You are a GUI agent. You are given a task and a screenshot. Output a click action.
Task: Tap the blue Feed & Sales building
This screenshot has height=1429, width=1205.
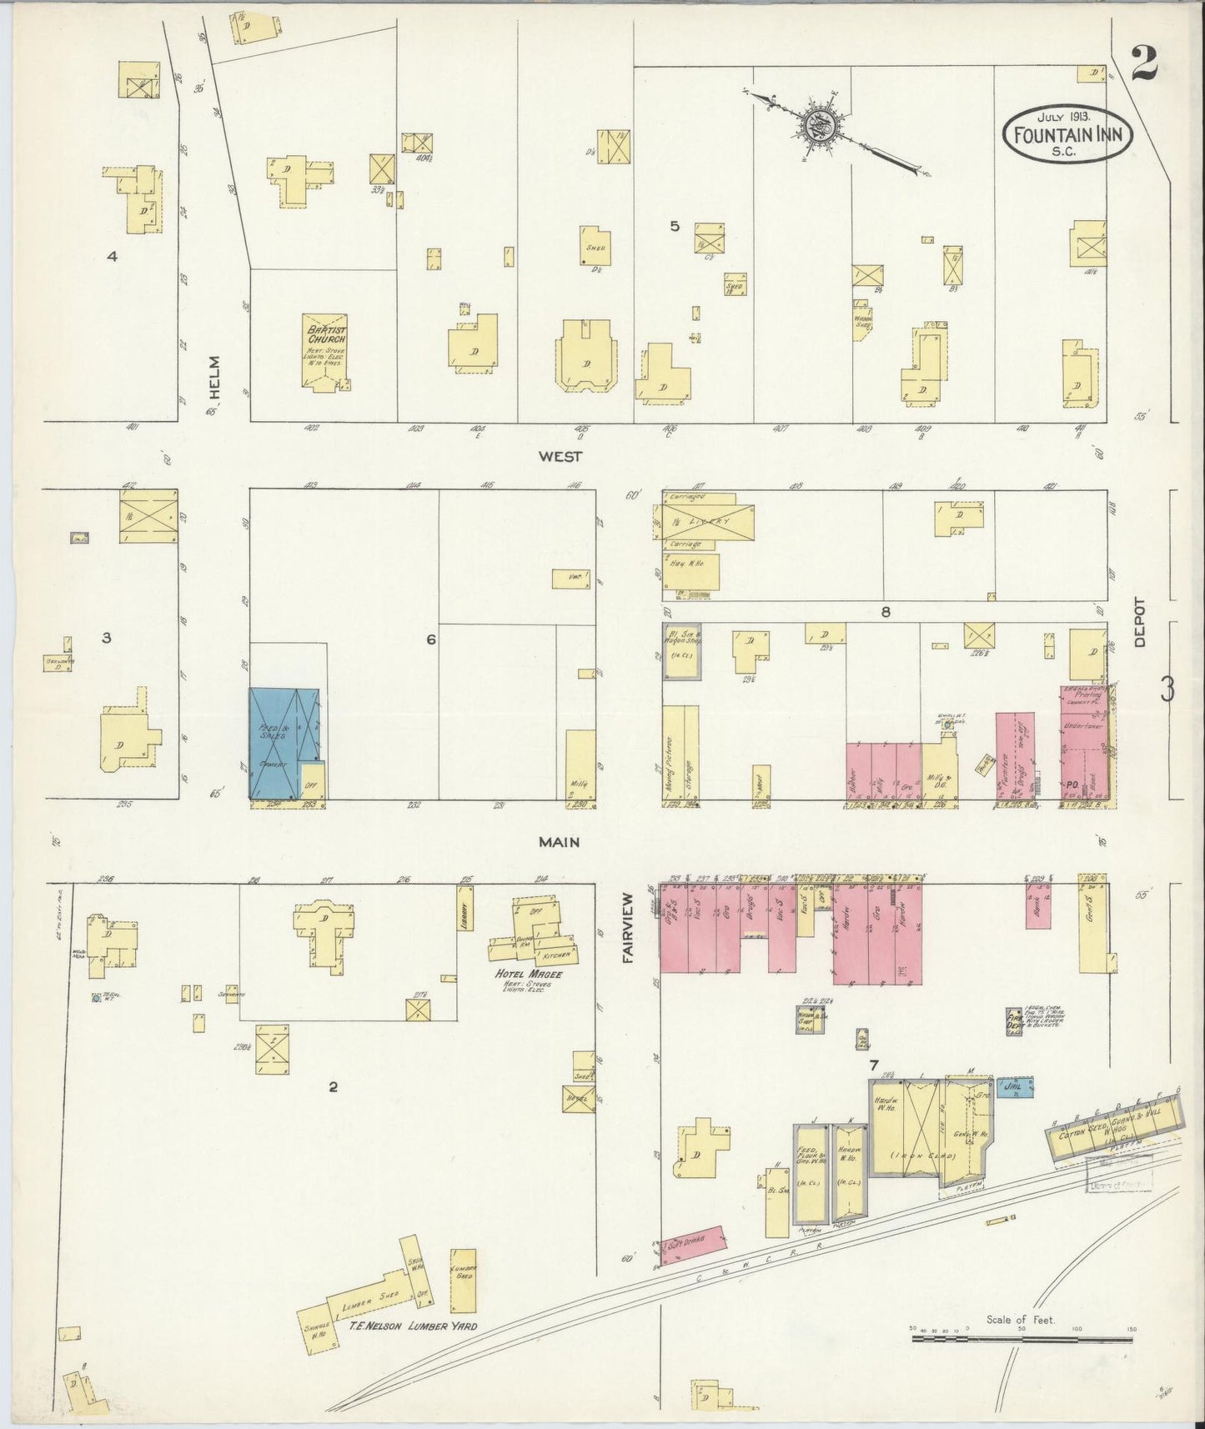click(284, 742)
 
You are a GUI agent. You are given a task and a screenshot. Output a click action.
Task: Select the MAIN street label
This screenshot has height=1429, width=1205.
click(559, 842)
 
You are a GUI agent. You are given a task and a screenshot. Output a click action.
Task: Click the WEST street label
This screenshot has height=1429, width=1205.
click(559, 456)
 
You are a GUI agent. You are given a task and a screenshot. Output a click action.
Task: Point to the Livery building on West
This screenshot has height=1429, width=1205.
click(709, 522)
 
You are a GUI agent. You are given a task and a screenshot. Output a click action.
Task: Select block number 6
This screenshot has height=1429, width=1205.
click(430, 639)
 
